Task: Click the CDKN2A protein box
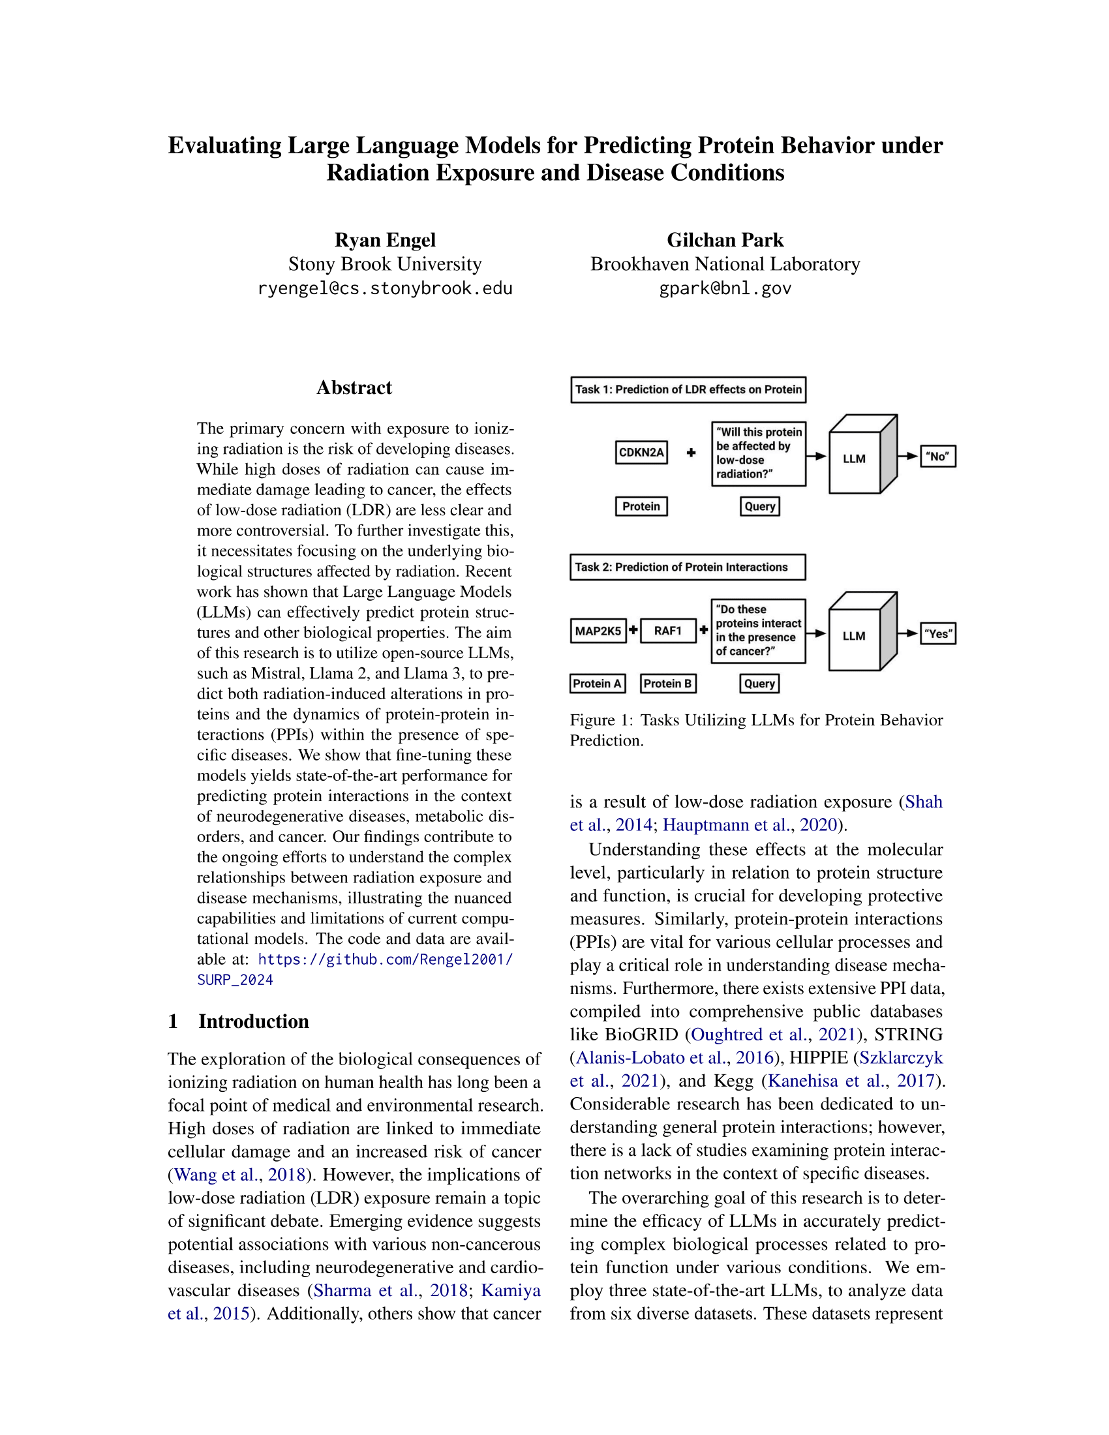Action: pos(641,452)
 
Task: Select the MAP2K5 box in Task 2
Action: pos(598,631)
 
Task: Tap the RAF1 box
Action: pos(667,631)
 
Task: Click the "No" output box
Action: pos(937,456)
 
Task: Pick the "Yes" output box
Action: pos(937,633)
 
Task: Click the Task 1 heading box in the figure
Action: pos(688,389)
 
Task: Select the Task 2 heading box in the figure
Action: pos(687,567)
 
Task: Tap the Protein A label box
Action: pos(597,684)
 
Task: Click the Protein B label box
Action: pos(667,684)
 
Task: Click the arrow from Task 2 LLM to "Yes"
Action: pos(909,633)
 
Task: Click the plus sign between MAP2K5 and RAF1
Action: pos(633,630)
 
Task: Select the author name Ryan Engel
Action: pos(385,240)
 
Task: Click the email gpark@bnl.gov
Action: pos(725,288)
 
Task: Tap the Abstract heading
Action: pos(354,387)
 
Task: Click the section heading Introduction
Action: pos(254,1021)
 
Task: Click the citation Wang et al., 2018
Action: pos(240,1174)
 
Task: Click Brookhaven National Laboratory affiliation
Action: pos(725,264)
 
